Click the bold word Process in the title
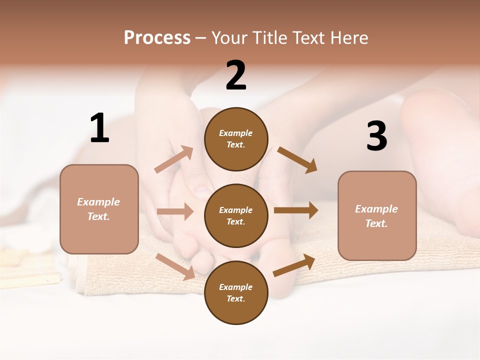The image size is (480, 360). coord(157,38)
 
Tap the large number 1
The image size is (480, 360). coord(99,128)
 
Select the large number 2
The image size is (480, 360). coord(236,75)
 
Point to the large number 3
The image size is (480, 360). coord(376,136)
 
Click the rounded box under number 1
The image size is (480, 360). coord(99,209)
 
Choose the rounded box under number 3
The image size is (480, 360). coord(377,216)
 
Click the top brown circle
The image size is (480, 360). coord(236,139)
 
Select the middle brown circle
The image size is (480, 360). coord(236,216)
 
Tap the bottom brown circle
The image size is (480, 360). coord(236,293)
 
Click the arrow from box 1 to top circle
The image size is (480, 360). coord(173,159)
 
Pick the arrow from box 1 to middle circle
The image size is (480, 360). coord(175,211)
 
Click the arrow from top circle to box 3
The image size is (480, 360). coord(297,160)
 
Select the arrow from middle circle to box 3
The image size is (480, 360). coord(296,210)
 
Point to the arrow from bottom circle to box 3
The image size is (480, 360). coord(294,265)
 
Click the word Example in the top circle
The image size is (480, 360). coord(236,133)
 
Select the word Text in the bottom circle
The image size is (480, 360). coord(235,298)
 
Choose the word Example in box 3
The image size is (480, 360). coord(376,209)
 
